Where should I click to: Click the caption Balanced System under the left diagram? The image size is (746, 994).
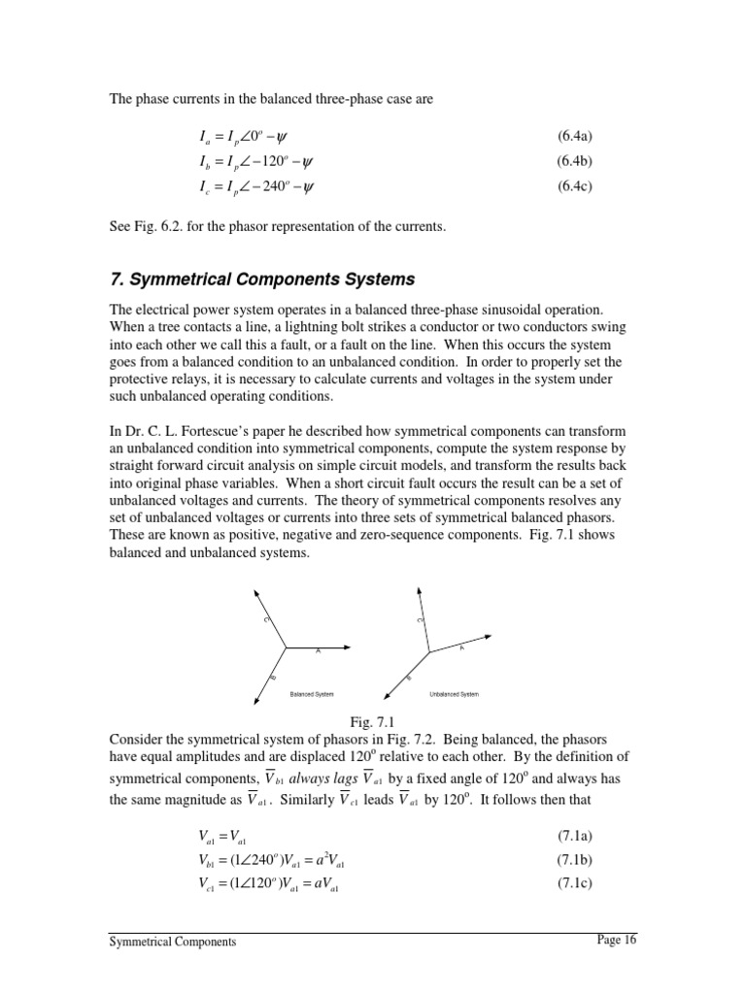(x=312, y=695)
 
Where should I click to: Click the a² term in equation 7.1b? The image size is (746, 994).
(x=312, y=860)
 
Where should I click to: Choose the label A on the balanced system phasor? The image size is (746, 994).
(x=318, y=652)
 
